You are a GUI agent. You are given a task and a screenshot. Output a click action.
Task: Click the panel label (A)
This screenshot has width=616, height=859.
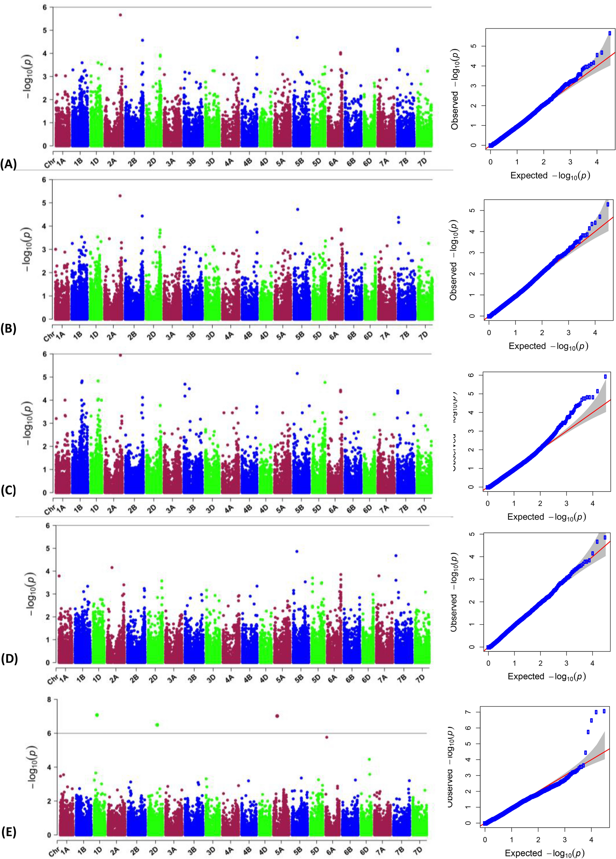pyautogui.click(x=8, y=165)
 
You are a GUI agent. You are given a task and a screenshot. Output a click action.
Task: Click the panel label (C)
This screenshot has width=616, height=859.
pyautogui.click(x=8, y=491)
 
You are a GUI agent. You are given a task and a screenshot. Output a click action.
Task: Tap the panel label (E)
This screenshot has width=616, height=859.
pyautogui.click(x=8, y=833)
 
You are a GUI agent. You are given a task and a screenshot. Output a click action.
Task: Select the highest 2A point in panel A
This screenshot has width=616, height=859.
pyautogui.click(x=120, y=15)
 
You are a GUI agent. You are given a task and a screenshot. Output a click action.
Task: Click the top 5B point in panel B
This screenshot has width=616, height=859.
pyautogui.click(x=298, y=209)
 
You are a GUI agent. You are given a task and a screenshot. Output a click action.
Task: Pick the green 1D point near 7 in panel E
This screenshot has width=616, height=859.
pyautogui.click(x=97, y=715)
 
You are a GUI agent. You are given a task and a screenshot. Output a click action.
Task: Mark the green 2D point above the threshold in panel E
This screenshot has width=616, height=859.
pyautogui.click(x=157, y=725)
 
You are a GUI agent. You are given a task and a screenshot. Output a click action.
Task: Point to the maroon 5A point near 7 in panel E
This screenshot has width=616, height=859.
pyautogui.click(x=277, y=716)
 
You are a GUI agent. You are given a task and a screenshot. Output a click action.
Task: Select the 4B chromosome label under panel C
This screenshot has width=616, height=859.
pyautogui.click(x=247, y=509)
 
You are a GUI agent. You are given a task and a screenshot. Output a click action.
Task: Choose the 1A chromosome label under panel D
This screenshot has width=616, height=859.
pyautogui.click(x=64, y=678)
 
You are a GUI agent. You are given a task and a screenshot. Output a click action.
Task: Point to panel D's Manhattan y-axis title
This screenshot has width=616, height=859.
pyautogui.click(x=30, y=594)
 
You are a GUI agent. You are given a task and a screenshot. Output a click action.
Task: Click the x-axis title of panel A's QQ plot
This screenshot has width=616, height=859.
pyautogui.click(x=550, y=175)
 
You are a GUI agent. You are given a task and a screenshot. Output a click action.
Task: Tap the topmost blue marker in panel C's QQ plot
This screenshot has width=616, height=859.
pyautogui.click(x=605, y=376)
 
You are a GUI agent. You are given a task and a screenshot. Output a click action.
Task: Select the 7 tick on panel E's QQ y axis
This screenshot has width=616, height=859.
pyautogui.click(x=469, y=712)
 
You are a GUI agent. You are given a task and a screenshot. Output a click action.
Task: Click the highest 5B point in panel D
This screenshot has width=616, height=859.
pyautogui.click(x=297, y=551)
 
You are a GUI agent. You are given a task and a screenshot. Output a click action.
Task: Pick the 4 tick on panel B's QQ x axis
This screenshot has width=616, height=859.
pyautogui.click(x=595, y=333)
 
